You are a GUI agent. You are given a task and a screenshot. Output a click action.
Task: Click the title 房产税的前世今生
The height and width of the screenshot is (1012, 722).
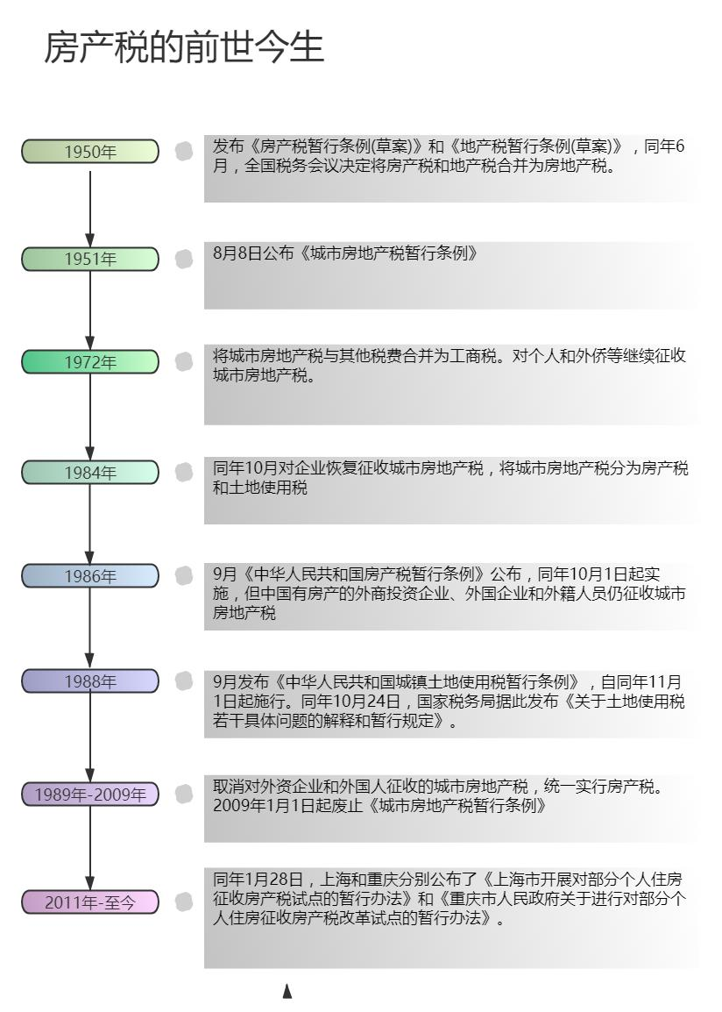184,47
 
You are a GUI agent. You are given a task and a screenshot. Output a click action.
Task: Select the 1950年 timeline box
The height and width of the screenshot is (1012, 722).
90,152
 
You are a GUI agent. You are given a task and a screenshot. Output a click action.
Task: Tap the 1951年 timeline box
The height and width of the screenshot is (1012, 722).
90,259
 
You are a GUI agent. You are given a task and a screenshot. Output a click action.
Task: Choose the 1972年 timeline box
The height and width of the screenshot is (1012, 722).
90,361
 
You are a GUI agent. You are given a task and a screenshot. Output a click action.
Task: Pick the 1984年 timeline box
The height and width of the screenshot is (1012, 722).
90,473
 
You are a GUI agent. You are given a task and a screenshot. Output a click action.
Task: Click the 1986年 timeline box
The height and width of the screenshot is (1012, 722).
90,576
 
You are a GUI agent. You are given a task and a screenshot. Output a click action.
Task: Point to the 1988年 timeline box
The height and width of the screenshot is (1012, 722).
90,681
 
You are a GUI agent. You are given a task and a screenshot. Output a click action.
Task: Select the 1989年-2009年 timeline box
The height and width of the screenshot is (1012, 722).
90,795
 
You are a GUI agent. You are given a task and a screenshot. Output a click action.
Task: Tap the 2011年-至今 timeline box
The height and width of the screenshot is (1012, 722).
90,902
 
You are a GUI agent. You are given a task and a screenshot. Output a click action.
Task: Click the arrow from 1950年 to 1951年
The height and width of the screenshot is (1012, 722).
90,205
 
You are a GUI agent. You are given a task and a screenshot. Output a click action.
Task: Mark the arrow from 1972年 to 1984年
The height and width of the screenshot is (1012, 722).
90,417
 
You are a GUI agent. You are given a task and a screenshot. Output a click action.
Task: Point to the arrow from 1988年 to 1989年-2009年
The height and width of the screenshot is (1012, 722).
90,738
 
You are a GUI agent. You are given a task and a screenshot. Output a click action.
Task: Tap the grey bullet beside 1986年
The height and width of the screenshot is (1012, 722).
184,575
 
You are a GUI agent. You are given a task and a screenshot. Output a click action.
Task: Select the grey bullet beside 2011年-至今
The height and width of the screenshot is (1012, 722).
184,902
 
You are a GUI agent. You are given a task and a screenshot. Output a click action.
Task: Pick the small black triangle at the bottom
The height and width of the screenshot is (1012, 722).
287,992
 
